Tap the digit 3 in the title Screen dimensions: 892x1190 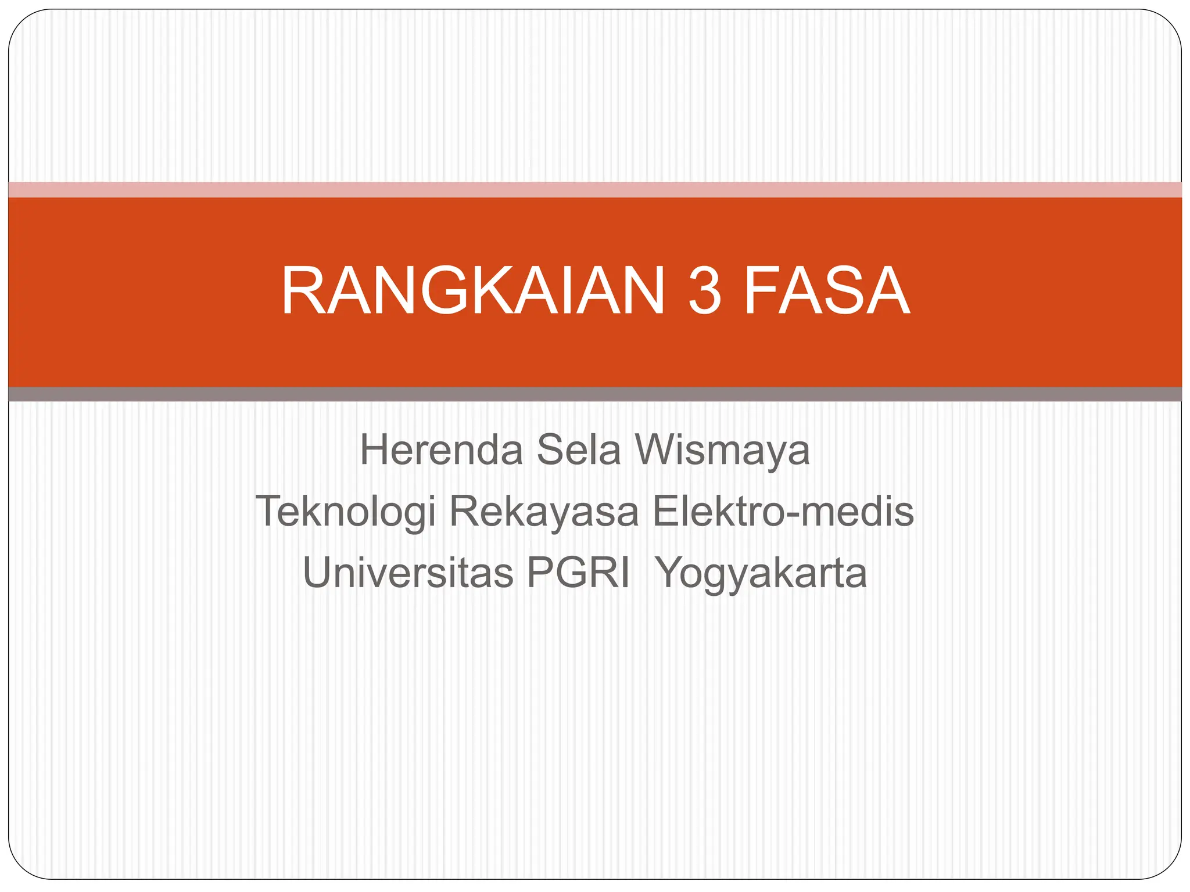[x=705, y=292]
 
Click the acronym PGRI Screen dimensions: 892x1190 [x=578, y=573]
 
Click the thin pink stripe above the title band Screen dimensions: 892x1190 [x=595, y=189]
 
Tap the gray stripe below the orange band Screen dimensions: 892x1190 [x=595, y=394]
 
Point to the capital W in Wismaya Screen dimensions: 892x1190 [x=660, y=450]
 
